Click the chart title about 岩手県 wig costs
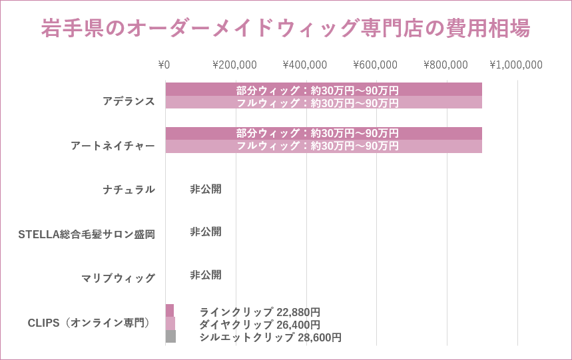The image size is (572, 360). [286, 29]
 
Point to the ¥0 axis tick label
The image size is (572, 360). [164, 65]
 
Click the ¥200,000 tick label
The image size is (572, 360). [234, 65]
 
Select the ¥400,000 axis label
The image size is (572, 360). [305, 65]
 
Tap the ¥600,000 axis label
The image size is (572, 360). [375, 65]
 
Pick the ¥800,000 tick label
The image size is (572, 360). [445, 65]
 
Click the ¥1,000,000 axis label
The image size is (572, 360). [516, 65]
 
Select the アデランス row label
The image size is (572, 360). [129, 101]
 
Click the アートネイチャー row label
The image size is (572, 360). [113, 146]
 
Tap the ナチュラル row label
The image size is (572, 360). [129, 190]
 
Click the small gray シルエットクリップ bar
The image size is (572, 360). [170, 337]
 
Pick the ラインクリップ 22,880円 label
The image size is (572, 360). [260, 312]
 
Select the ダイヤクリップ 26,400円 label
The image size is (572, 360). [260, 325]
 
